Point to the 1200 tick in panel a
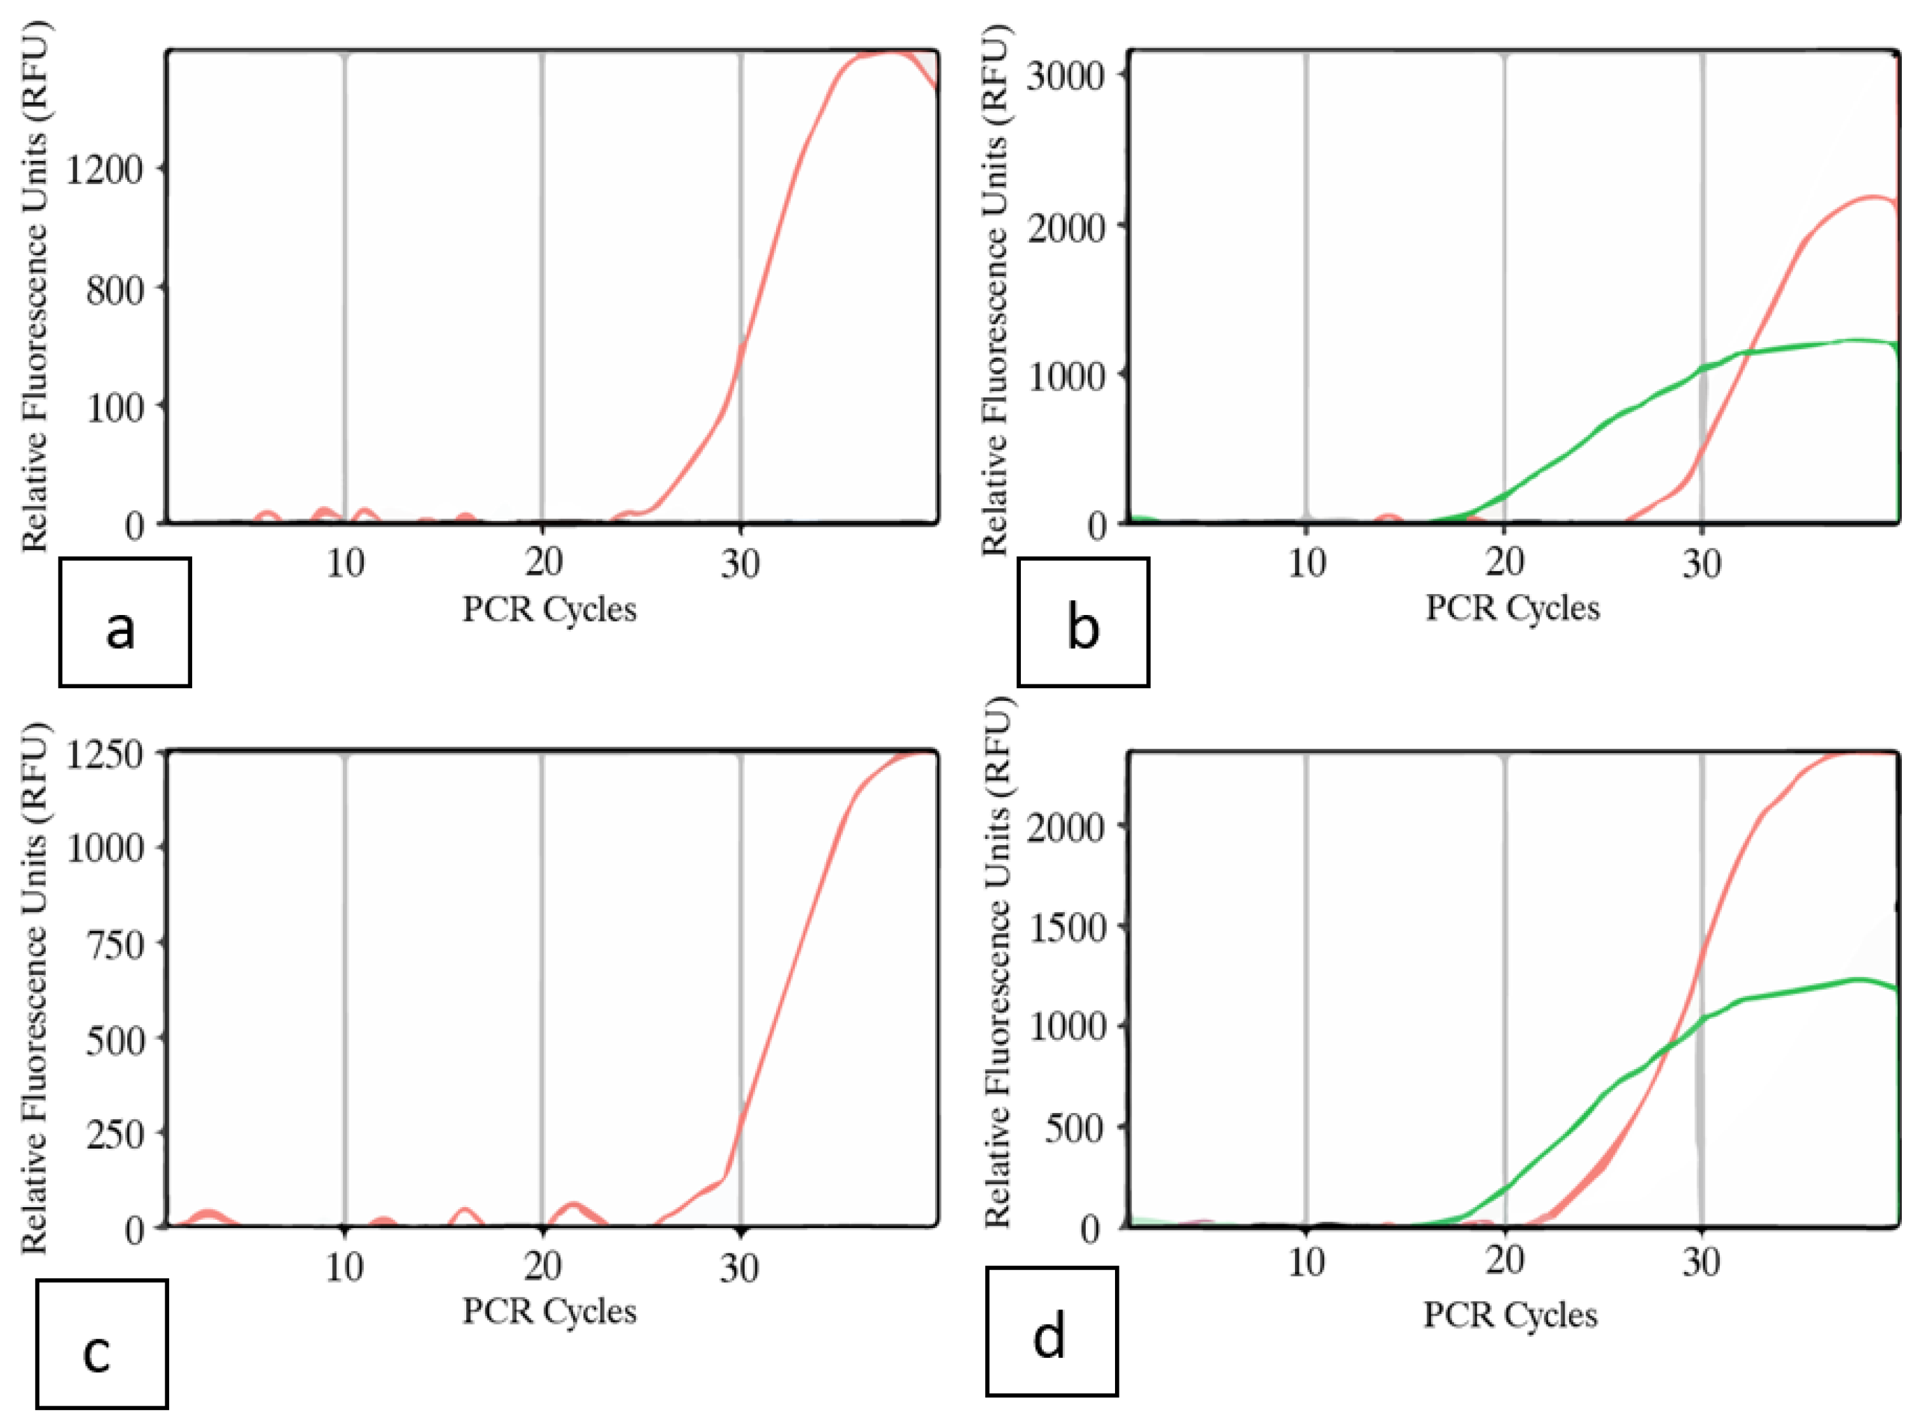[104, 170]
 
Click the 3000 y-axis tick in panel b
[1065, 76]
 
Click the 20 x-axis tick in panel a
[543, 563]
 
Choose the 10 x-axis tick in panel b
[1306, 563]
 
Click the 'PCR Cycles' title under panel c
[549, 1311]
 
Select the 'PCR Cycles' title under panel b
[1512, 608]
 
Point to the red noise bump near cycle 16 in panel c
[466, 1211]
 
